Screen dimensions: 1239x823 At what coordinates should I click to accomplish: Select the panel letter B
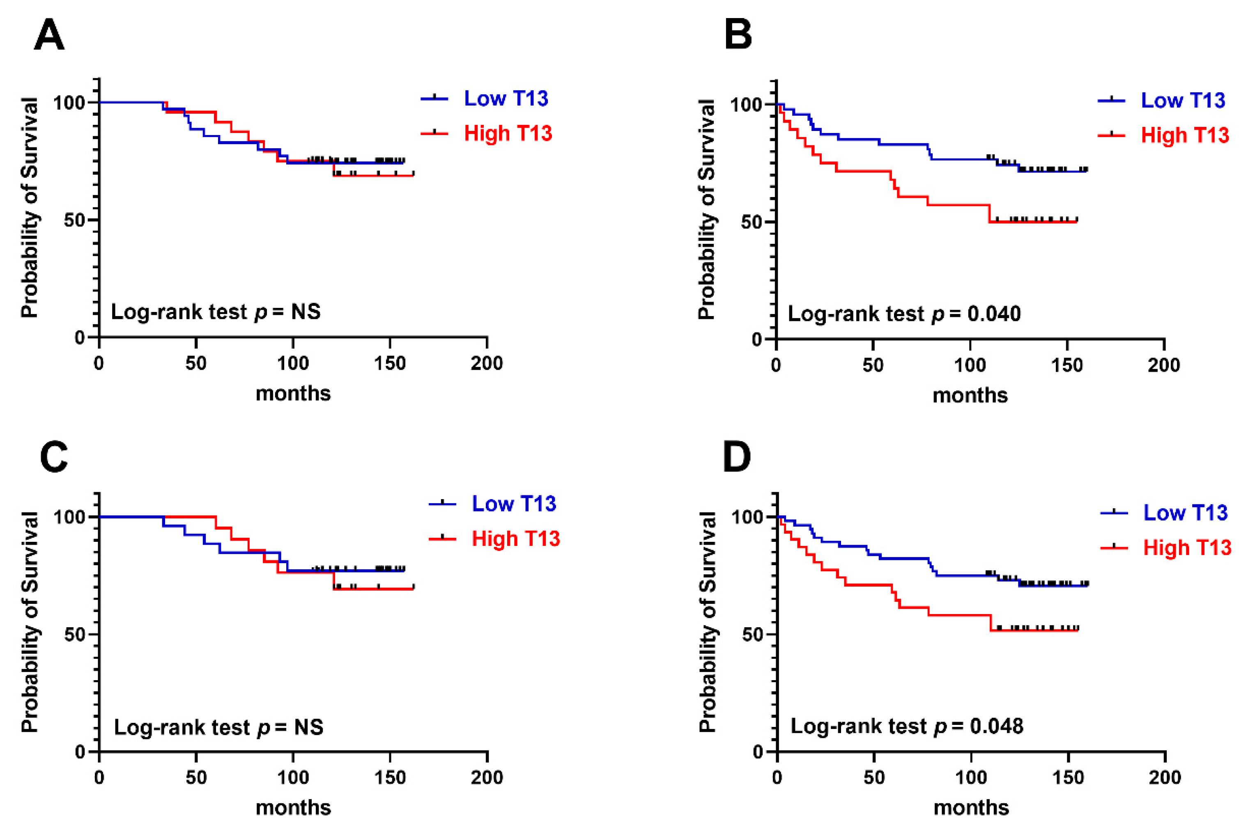click(x=738, y=35)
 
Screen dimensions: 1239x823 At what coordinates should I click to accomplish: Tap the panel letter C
click(x=54, y=456)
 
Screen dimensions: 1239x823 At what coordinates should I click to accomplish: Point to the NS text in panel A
click(x=306, y=312)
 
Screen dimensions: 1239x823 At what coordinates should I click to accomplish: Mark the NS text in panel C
click(x=309, y=727)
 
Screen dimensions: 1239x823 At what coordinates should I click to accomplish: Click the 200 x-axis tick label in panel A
click(x=487, y=363)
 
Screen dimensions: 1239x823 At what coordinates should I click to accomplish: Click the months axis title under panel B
click(x=970, y=395)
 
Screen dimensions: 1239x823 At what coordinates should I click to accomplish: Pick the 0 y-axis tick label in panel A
click(x=79, y=337)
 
